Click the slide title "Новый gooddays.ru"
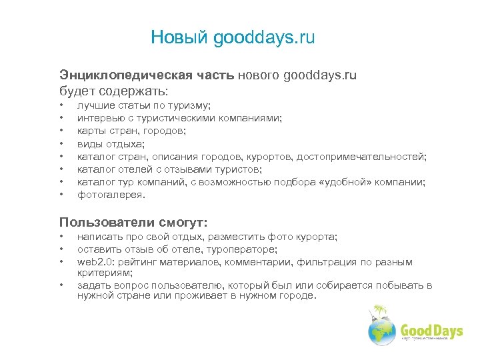click(233, 37)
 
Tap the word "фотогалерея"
click(110, 195)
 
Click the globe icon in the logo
click(383, 329)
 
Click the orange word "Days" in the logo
click(447, 330)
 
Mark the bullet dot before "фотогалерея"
click(61, 195)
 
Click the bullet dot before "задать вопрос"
click(61, 285)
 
